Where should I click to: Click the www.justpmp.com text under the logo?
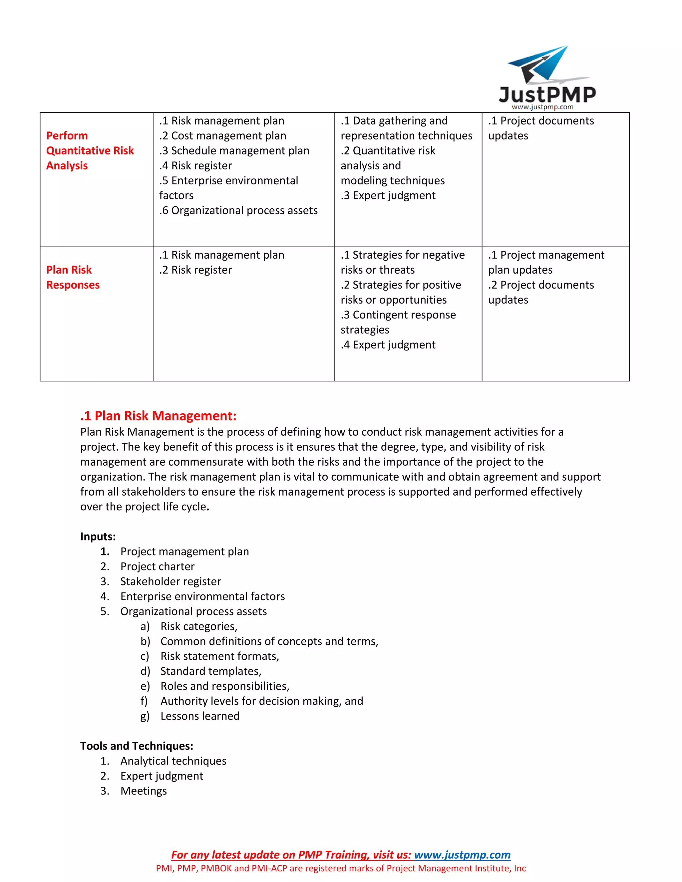(x=542, y=107)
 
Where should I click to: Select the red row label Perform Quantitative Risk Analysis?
(x=90, y=151)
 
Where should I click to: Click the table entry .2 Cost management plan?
(x=223, y=136)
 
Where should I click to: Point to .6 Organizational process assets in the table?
(x=238, y=210)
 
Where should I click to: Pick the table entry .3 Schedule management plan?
(x=234, y=151)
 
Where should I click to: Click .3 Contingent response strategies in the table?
(x=398, y=322)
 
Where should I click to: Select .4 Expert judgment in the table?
(x=388, y=344)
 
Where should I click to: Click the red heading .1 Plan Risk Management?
(x=159, y=416)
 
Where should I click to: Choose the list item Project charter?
(x=157, y=566)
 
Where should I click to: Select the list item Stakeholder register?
(x=170, y=581)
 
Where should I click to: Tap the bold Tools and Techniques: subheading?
(x=137, y=746)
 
